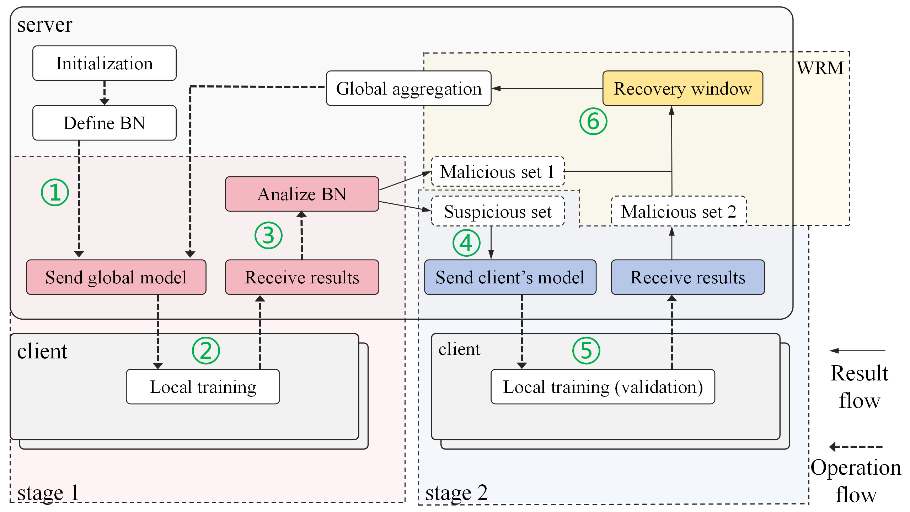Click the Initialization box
coord(104,63)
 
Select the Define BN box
coord(104,123)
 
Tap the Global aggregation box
coord(408,89)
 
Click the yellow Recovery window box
coord(682,89)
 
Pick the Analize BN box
coord(302,194)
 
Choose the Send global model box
coord(116,277)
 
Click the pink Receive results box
coord(302,277)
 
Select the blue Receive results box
coord(687,277)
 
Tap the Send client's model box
coord(510,277)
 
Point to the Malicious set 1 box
coord(497,172)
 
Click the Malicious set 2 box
coord(678,212)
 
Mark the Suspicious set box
coord(498,212)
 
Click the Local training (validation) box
coord(603,387)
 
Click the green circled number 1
coord(55,192)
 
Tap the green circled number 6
coord(593,122)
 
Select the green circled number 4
coord(466,243)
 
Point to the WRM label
coord(820,68)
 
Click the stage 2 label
coord(456,493)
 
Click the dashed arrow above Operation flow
coord(856,447)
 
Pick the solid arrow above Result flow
coord(857,351)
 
